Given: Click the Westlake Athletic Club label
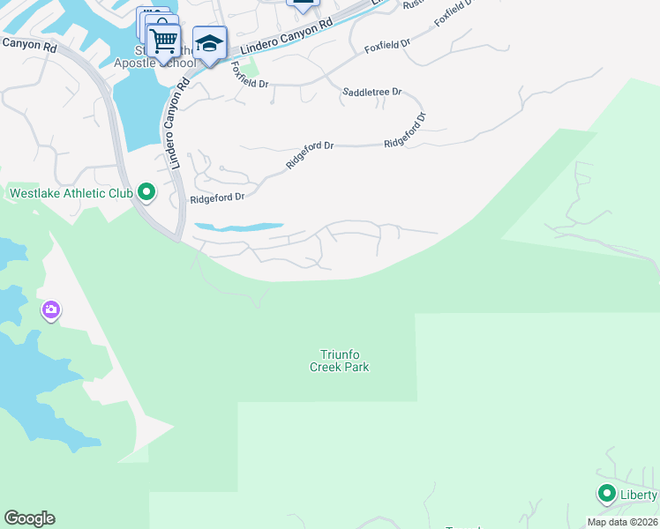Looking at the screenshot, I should pyautogui.click(x=71, y=192).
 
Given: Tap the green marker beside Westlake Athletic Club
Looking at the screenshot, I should pyautogui.click(x=147, y=191).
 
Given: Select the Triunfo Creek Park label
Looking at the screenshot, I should pyautogui.click(x=339, y=361).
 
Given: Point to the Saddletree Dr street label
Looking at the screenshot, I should pyautogui.click(x=371, y=92).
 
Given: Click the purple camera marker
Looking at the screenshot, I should pyautogui.click(x=50, y=309).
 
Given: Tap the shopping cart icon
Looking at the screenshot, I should pyautogui.click(x=163, y=40).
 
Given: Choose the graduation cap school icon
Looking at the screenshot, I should pyautogui.click(x=210, y=43).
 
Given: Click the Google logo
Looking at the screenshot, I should pyautogui.click(x=29, y=518).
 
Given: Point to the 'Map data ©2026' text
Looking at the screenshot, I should pyautogui.click(x=622, y=522).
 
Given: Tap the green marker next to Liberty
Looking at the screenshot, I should pyautogui.click(x=607, y=494).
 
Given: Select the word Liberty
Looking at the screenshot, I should pyautogui.click(x=639, y=495).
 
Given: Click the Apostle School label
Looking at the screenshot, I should pyautogui.click(x=155, y=63).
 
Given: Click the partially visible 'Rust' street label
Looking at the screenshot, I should pyautogui.click(x=413, y=5).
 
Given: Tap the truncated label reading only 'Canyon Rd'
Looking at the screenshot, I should pyautogui.click(x=28, y=41).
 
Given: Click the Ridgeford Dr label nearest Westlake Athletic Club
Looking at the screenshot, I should pyautogui.click(x=217, y=198).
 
